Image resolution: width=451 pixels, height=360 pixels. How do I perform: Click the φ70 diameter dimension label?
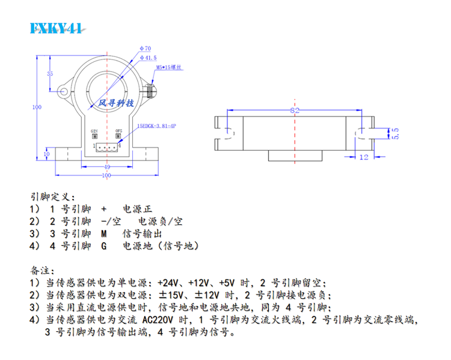coord(144,47)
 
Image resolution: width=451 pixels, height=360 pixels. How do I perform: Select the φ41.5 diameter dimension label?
coord(148,58)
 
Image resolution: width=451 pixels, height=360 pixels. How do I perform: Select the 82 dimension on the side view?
coord(295,112)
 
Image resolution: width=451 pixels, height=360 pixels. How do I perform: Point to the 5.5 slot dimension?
coord(395,133)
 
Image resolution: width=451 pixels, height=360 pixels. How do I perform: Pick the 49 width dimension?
coord(106,167)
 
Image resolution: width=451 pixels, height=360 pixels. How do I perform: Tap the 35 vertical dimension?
coord(49,73)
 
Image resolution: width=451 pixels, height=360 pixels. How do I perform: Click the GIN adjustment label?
coord(94,130)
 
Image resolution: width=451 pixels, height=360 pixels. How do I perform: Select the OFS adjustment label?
coord(118,130)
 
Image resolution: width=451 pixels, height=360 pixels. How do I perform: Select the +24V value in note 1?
coord(167,282)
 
